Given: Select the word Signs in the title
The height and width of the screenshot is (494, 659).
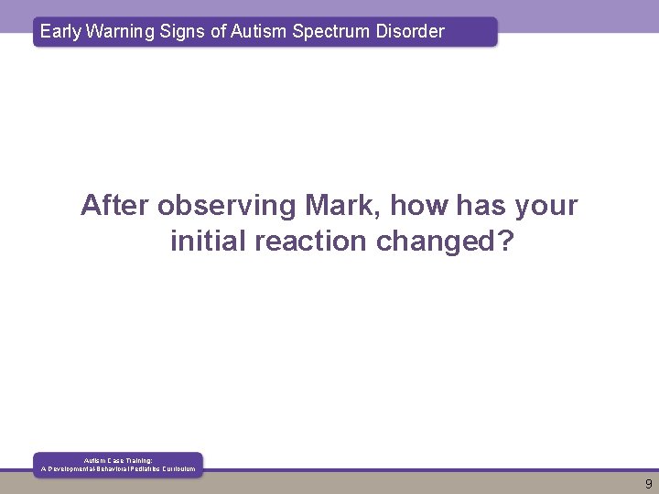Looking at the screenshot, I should tap(182, 31).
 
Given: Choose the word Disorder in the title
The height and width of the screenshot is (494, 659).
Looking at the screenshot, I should tap(408, 31).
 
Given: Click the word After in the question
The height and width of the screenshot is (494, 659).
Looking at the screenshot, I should tap(115, 205).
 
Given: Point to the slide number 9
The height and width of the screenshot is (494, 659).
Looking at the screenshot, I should tap(648, 484).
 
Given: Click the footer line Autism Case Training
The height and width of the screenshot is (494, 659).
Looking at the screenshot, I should tap(118, 461).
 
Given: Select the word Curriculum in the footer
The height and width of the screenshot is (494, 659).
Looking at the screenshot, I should tap(178, 469).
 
